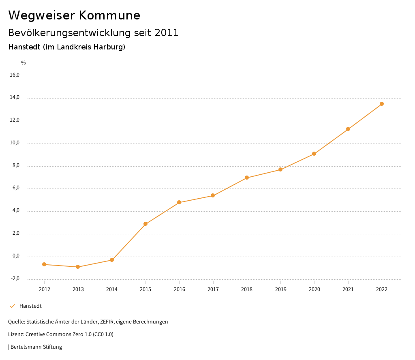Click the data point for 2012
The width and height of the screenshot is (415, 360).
point(44,264)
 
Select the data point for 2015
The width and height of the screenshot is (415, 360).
point(145,224)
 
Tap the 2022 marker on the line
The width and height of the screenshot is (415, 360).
point(382,104)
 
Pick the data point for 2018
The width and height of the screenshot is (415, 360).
point(247,178)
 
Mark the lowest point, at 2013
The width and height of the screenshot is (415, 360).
point(78,267)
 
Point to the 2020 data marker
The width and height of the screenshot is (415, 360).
point(314,154)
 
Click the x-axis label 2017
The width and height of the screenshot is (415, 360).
point(213,289)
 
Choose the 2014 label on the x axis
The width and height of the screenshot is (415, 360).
point(112,289)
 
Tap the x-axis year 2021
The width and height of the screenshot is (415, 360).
point(348,289)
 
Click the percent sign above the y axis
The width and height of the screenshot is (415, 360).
point(24,63)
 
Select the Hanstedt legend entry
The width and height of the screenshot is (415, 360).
point(30,306)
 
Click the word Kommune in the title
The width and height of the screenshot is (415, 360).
point(109,15)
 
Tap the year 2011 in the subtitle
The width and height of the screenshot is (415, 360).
point(167,33)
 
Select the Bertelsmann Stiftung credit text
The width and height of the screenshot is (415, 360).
point(36,347)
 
